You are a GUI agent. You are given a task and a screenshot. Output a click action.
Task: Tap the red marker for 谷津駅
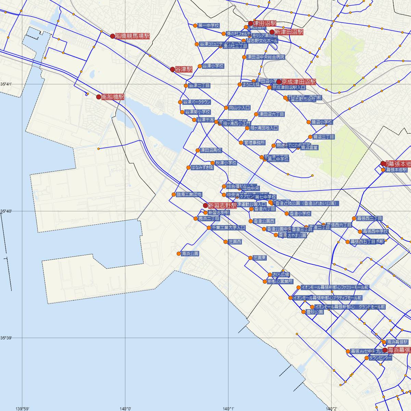pyautogui.click(x=172, y=69)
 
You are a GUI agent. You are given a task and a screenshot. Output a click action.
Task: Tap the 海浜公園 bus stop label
pyautogui.click(x=190, y=254)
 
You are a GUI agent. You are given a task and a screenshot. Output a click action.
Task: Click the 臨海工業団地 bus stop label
pyautogui.click(x=189, y=195)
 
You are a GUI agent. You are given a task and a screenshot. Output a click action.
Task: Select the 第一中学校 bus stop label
pyautogui.click(x=208, y=25)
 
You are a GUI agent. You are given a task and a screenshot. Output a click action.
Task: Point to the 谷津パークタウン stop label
pyautogui.click(x=197, y=102)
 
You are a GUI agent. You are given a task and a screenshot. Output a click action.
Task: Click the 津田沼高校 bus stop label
pyautogui.click(x=211, y=150)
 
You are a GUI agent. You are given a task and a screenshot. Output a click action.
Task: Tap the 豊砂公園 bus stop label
pyautogui.click(x=315, y=312)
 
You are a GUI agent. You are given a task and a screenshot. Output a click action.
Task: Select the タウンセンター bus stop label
pyautogui.click(x=381, y=358)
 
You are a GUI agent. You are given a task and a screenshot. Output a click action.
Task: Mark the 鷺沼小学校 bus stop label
pyautogui.click(x=322, y=122)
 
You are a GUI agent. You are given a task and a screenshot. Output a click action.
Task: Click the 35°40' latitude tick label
pyautogui.click(x=6, y=211)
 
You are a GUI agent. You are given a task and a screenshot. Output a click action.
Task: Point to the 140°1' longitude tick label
pyautogui.click(x=228, y=408)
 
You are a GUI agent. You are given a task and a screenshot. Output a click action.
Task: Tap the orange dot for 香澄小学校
pyautogui.click(x=287, y=214)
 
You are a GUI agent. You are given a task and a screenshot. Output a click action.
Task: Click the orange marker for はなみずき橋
pyautogui.click(x=188, y=167)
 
